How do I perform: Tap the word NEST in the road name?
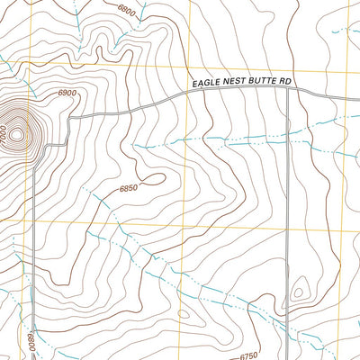pos(233,83)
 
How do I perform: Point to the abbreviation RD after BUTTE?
pos(286,83)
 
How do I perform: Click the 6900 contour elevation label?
pos(67,93)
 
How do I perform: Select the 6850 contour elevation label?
pos(131,188)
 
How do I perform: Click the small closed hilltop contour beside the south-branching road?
pos(299,292)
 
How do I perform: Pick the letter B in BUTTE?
pos(250,83)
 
